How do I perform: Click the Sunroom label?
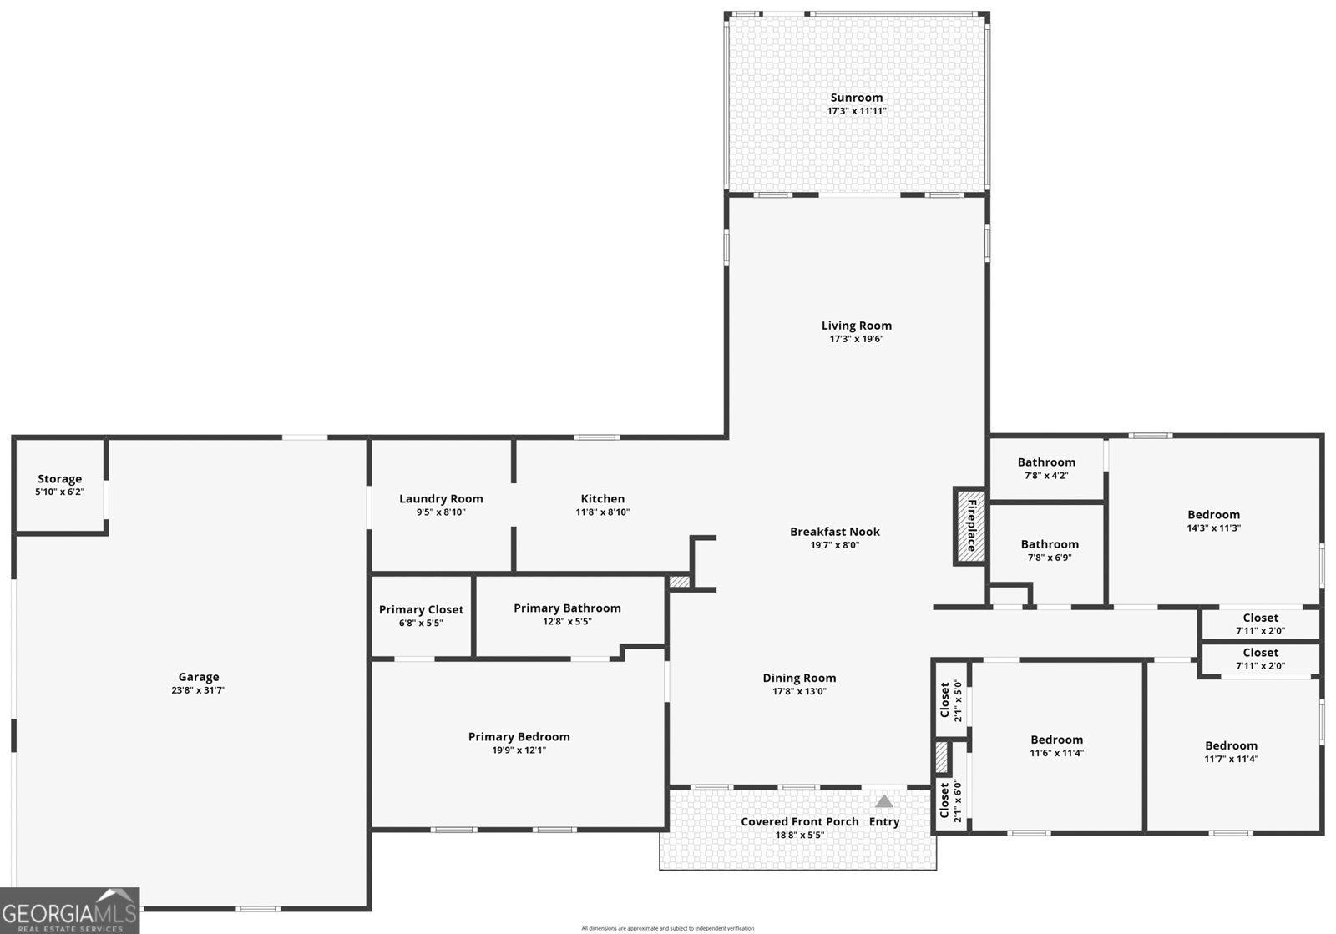856,98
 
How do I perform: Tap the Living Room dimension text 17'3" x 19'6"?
856,339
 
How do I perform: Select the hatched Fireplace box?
970,526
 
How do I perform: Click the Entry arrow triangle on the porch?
884,801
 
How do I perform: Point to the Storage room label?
59,479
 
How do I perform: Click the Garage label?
199,677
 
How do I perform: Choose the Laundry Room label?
441,499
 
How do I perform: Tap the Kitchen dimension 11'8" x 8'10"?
602,512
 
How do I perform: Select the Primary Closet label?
421,609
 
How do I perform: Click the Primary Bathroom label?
567,608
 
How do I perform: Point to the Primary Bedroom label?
519,736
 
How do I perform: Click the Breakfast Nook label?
835,532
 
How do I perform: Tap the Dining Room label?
799,678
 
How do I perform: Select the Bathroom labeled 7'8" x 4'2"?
1046,462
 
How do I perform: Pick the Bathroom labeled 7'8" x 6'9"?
1050,544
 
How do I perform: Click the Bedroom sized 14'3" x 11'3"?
1213,515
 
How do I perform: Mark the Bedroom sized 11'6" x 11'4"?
1056,740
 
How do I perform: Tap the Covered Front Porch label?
799,821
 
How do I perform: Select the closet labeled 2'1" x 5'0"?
945,699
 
